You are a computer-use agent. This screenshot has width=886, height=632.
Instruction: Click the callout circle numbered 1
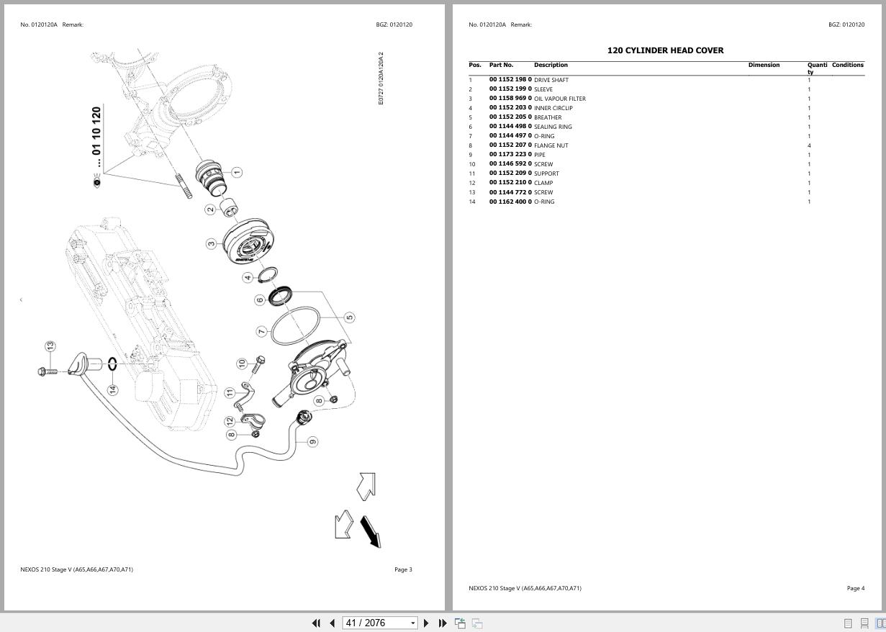[x=237, y=172]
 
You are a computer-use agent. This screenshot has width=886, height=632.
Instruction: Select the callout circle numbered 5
[x=349, y=317]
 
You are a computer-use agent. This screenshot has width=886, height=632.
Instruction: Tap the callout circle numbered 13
[x=50, y=347]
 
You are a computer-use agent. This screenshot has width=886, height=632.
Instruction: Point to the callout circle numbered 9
[x=312, y=441]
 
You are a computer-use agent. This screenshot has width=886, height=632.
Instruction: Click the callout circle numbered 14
[x=112, y=389]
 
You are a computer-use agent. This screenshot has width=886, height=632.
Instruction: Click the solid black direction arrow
[x=370, y=531]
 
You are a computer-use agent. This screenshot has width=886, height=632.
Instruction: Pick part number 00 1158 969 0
[x=510, y=99]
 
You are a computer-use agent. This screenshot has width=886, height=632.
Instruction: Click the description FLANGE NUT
[x=551, y=145]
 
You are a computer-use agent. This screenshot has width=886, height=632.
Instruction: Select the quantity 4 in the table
[x=809, y=145]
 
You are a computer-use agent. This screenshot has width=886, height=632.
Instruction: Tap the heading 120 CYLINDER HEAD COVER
[x=665, y=50]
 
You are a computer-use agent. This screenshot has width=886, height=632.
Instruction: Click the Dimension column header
[x=764, y=65]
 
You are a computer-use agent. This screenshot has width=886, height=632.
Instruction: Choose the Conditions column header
[x=847, y=65]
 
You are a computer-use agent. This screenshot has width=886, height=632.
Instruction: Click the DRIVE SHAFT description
[x=551, y=80]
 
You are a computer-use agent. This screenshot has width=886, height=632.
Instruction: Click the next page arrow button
[x=426, y=623]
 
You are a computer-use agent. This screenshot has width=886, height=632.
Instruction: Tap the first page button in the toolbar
[x=315, y=623]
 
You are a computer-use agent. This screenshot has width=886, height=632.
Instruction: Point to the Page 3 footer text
[x=403, y=569]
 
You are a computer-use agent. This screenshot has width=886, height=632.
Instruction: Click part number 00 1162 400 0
[x=510, y=202]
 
